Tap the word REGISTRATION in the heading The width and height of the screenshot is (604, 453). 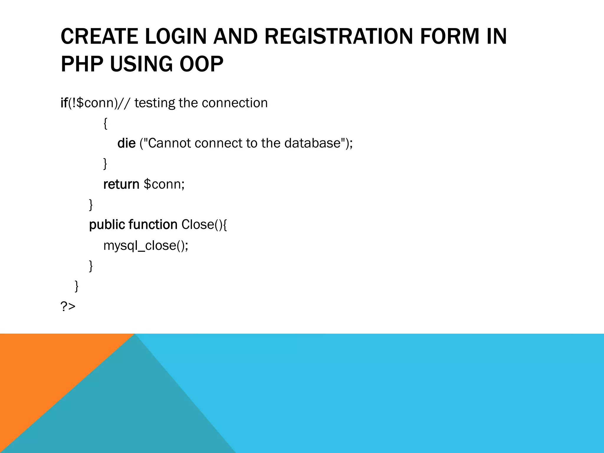click(x=339, y=37)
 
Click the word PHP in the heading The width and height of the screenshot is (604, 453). click(x=82, y=64)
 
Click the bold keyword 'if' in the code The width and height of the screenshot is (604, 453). click(x=64, y=103)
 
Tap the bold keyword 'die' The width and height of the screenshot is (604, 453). click(x=126, y=143)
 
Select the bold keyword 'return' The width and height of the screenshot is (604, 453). click(x=121, y=184)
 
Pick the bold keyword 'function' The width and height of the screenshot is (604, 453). click(x=153, y=225)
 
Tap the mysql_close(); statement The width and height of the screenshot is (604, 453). click(x=146, y=245)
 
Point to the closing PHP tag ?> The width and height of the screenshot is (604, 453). click(x=68, y=307)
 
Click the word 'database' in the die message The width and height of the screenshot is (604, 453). click(x=312, y=143)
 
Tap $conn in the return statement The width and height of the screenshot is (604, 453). click(x=164, y=184)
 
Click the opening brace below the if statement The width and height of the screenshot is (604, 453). click(x=105, y=123)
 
